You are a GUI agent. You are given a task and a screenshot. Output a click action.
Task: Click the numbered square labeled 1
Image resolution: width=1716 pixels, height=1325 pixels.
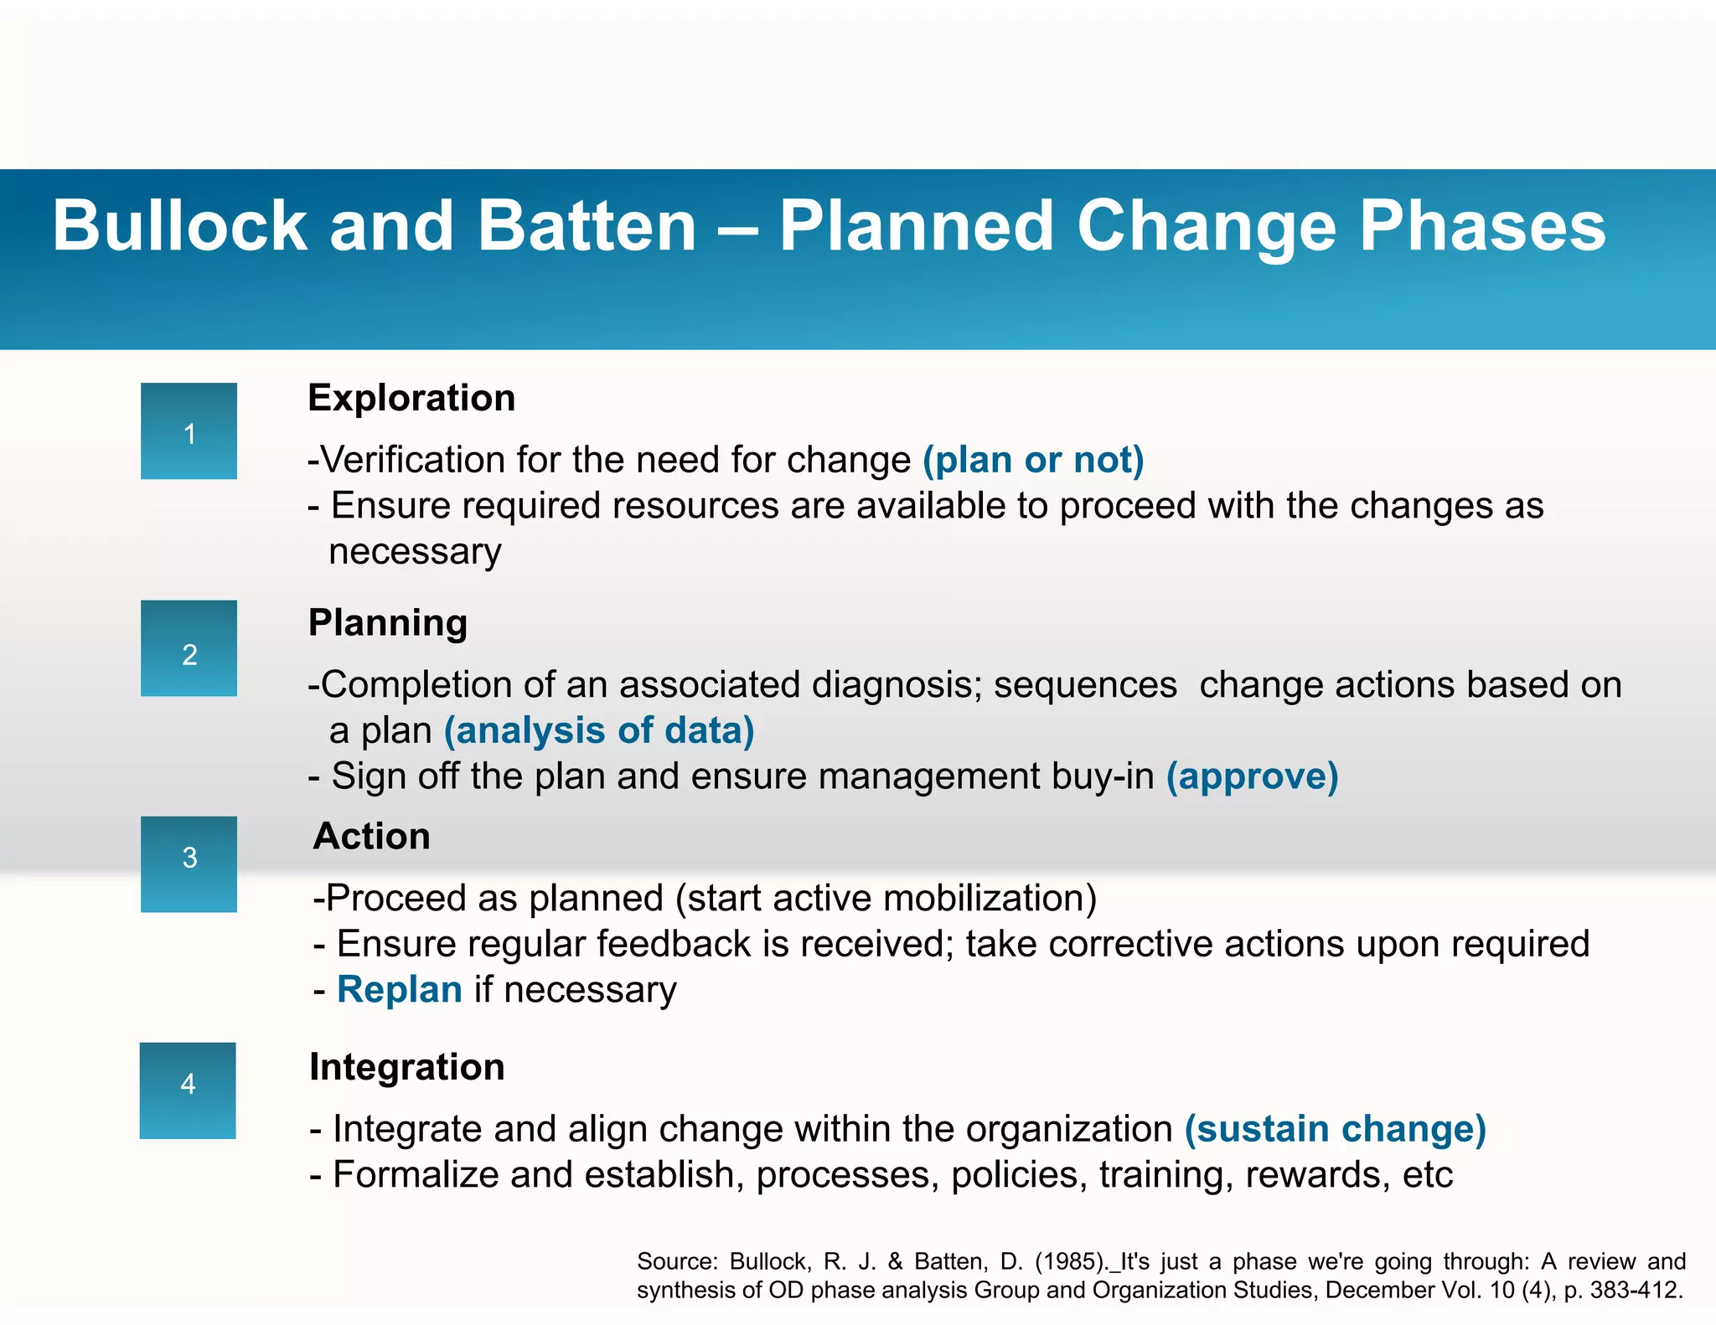click(189, 431)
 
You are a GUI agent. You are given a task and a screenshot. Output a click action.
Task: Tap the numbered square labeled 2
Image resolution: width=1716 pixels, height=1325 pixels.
click(189, 648)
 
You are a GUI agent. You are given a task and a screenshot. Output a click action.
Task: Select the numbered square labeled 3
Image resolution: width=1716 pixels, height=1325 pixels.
click(189, 864)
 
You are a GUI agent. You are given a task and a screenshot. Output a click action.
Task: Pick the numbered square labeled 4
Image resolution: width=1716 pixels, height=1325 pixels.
click(188, 1090)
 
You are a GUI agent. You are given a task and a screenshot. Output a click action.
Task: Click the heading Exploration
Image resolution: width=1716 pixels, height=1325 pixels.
click(411, 398)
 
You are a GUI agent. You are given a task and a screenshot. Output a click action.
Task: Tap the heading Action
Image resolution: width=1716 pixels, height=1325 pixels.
click(372, 837)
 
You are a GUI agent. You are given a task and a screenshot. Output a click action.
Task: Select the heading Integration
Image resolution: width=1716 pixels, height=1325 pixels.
click(407, 1068)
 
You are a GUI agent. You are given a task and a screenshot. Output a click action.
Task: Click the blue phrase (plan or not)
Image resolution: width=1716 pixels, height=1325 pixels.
click(1033, 461)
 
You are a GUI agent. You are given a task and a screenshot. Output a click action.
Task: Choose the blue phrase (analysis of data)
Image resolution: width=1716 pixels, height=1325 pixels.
click(599, 731)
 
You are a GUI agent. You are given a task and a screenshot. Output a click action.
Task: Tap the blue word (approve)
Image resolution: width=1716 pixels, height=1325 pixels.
click(1253, 776)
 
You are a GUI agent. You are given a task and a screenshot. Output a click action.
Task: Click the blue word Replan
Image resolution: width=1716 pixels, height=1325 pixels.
click(399, 990)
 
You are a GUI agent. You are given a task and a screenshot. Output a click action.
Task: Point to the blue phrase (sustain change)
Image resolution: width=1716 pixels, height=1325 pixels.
click(1336, 1129)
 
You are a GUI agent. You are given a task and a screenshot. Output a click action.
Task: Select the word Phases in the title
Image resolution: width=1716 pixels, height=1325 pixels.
click(1482, 226)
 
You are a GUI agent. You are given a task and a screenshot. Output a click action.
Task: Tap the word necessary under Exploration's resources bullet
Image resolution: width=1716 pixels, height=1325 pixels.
click(415, 552)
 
